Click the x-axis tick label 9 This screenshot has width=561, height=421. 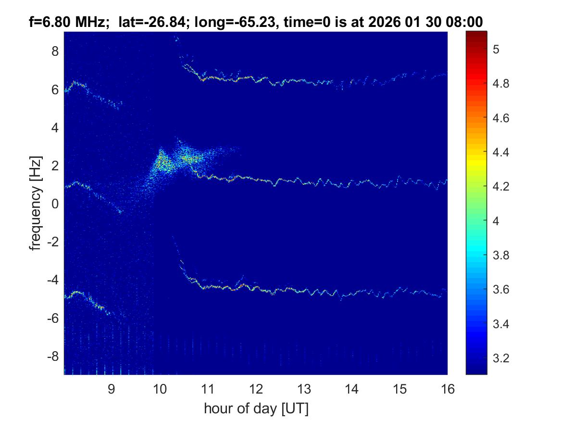(111, 389)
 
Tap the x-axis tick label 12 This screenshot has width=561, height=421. (255, 389)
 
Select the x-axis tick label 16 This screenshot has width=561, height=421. (448, 389)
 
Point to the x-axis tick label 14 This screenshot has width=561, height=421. (351, 389)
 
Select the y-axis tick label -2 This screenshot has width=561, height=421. (53, 242)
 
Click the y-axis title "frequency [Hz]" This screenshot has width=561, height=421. (36, 204)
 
